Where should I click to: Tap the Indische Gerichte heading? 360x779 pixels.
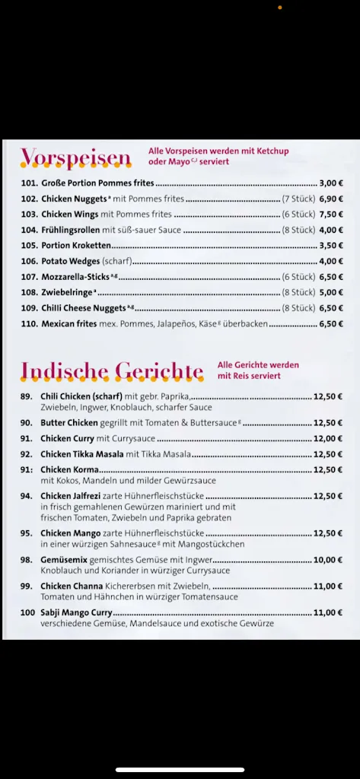pyautogui.click(x=112, y=370)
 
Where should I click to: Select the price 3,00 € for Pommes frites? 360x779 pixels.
pyautogui.click(x=331, y=183)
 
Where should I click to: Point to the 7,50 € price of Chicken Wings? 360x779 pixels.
pyautogui.click(x=331, y=215)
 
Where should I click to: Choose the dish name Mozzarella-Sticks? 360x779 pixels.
pyautogui.click(x=75, y=277)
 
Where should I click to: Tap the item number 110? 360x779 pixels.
pyautogui.click(x=30, y=323)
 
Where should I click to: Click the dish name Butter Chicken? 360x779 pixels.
pyautogui.click(x=69, y=423)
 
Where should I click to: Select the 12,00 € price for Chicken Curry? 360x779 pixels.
pyautogui.click(x=328, y=438)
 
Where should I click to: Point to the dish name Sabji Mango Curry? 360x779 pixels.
pyautogui.click(x=76, y=612)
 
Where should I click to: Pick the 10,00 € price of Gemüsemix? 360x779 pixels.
pyautogui.click(x=328, y=559)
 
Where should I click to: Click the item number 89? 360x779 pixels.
pyautogui.click(x=27, y=396)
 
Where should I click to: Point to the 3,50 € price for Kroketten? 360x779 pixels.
pyautogui.click(x=331, y=246)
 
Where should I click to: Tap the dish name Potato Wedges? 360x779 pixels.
pyautogui.click(x=70, y=261)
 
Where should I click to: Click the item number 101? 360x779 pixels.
pyautogui.click(x=30, y=183)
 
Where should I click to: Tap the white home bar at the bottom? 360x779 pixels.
pyautogui.click(x=180, y=769)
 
